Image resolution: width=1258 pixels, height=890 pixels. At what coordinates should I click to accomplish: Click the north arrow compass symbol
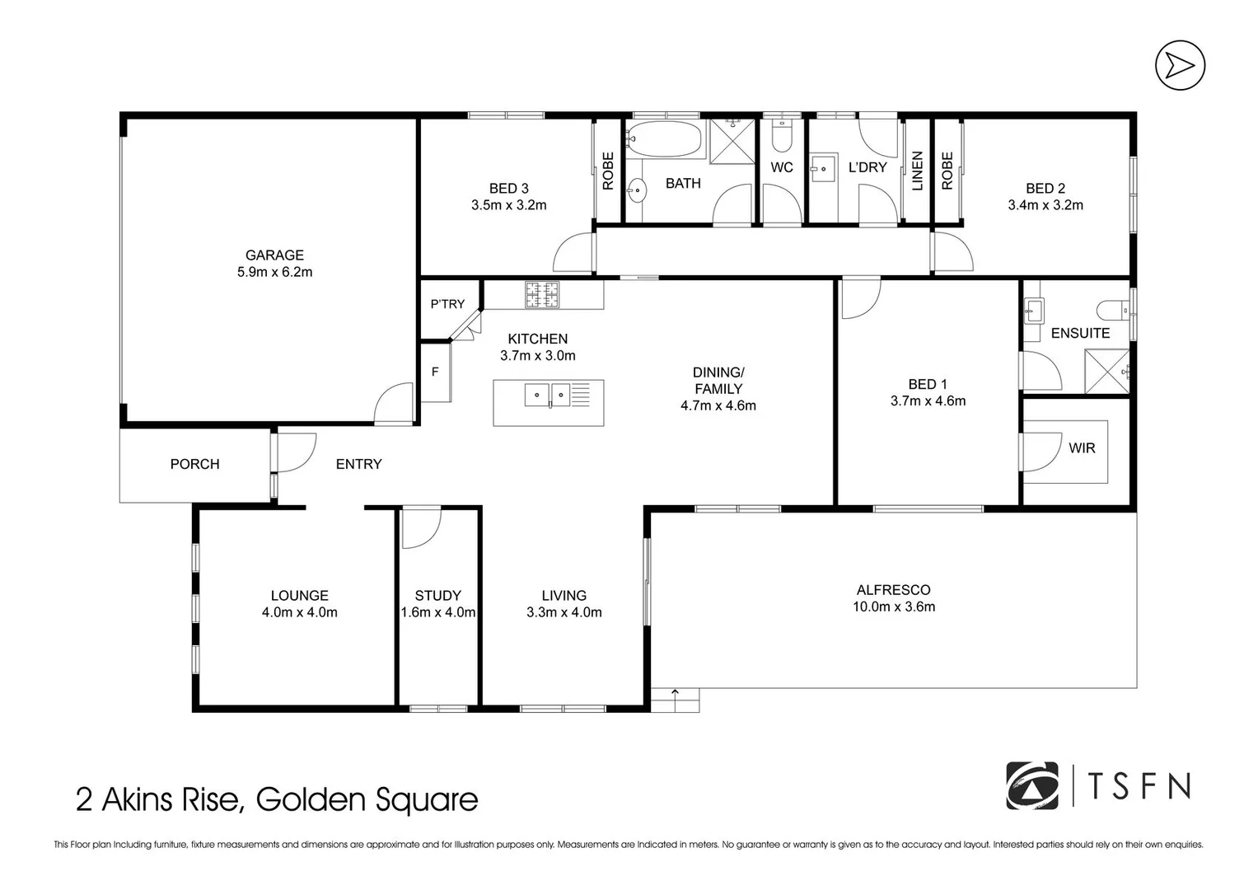[1180, 65]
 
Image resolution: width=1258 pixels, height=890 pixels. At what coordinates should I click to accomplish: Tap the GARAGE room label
[274, 255]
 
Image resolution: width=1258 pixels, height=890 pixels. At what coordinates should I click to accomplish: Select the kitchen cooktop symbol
[542, 295]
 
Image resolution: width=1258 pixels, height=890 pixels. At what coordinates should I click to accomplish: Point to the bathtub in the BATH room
[663, 139]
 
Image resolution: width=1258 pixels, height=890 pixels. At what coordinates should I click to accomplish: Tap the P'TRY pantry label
[447, 304]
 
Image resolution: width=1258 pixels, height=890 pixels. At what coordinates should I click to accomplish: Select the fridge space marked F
[435, 372]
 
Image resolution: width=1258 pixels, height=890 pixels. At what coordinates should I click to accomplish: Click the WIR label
[1082, 448]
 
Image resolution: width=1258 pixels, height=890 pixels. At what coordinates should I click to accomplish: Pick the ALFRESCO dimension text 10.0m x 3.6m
[893, 607]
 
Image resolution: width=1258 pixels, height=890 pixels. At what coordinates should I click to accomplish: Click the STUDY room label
[437, 595]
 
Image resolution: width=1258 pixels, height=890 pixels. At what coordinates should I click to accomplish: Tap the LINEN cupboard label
[918, 171]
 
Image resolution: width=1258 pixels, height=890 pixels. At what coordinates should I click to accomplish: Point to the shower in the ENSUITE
[1106, 370]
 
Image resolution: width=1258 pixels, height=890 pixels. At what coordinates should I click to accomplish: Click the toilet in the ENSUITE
[1112, 311]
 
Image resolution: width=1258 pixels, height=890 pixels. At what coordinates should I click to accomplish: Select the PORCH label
[194, 464]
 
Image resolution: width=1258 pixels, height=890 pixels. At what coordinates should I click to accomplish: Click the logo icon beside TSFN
[1032, 786]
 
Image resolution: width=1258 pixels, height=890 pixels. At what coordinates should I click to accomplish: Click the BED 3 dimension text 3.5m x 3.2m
[508, 205]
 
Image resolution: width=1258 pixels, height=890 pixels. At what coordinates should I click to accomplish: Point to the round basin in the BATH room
[637, 191]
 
